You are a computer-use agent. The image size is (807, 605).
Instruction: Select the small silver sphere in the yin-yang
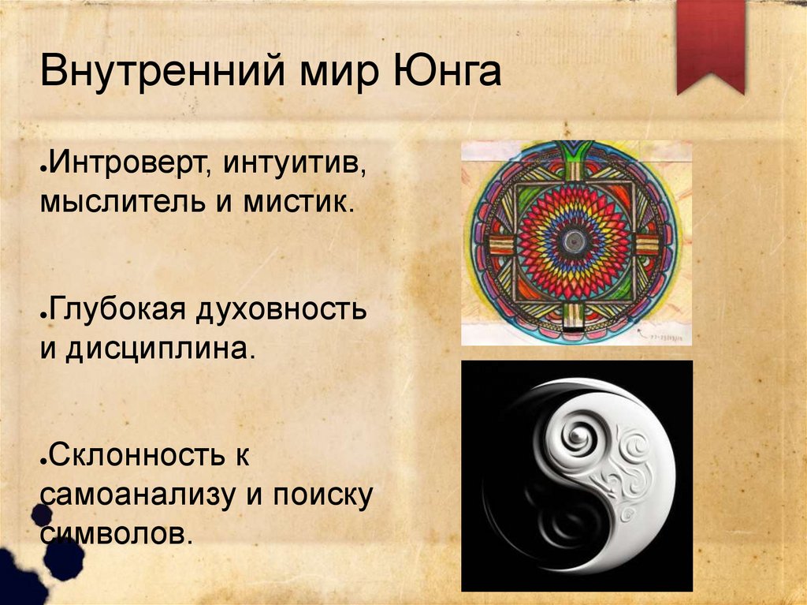point(578,435)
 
